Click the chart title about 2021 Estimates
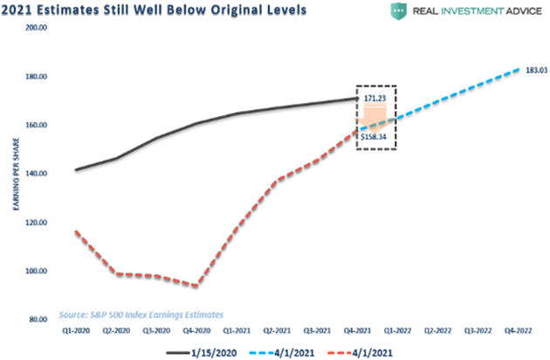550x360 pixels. pyautogui.click(x=154, y=10)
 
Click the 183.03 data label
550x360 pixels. pyautogui.click(x=534, y=70)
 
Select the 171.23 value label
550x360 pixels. pyautogui.click(x=375, y=100)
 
